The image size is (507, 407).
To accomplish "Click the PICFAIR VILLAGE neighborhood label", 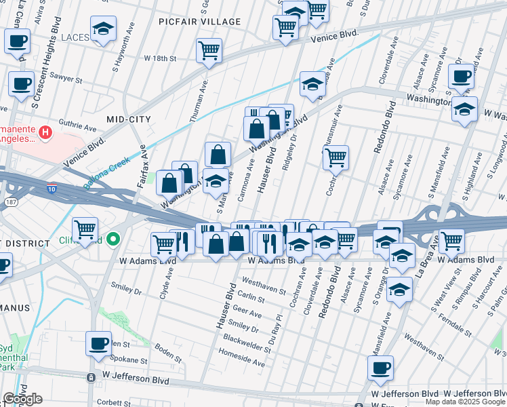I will coord(199,22).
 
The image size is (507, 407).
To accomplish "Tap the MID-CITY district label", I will coord(129,119).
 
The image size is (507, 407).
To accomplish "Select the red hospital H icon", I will coord(45,132).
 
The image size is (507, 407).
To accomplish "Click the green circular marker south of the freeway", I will coord(114,239).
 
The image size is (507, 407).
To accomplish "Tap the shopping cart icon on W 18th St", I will coord(209,50).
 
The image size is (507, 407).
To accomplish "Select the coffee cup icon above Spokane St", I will coord(98,343).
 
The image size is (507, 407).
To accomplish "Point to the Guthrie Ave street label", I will coord(77,126).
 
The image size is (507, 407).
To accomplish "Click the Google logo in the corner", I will coord(22,399).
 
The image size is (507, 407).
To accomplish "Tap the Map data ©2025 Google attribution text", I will coord(465,402).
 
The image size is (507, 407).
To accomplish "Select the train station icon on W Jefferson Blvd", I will coord(91,377).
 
